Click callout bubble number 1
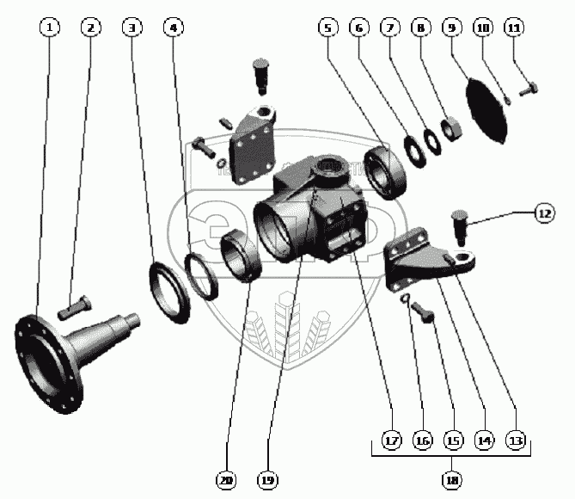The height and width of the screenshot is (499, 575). pos(51,28)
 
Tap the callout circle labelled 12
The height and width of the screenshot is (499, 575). pos(542,213)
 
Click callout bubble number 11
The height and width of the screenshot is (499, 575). pos(513,28)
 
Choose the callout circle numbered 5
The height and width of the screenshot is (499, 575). pos(327,28)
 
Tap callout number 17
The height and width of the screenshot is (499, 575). pos(392,441)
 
